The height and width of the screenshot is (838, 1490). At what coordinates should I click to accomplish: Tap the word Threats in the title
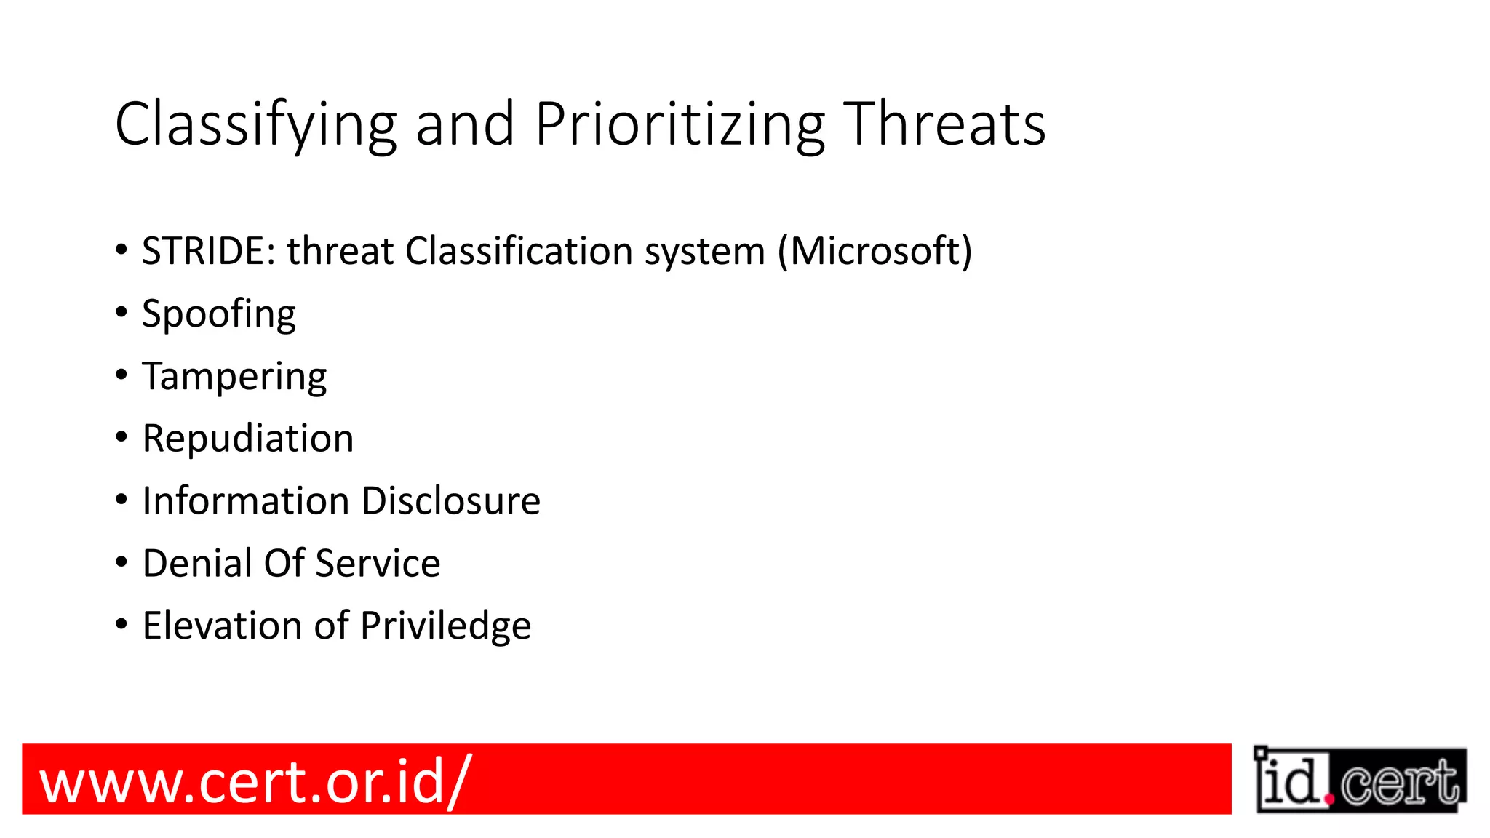(944, 124)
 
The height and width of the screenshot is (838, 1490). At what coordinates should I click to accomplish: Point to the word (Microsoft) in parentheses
(875, 251)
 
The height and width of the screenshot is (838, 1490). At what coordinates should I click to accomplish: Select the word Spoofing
(218, 314)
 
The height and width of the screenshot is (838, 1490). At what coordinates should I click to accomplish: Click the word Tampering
(234, 377)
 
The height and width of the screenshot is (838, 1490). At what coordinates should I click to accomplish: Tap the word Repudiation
(247, 439)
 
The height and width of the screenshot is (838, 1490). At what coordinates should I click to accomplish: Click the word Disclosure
(451, 501)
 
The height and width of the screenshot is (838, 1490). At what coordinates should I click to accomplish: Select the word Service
(378, 564)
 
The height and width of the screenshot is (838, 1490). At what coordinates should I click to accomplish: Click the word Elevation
(222, 626)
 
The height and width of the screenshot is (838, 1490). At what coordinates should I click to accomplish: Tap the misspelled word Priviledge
(445, 626)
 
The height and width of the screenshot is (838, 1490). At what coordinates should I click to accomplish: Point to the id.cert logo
(1360, 780)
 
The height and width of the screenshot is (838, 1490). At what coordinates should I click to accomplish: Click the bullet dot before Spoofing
(121, 313)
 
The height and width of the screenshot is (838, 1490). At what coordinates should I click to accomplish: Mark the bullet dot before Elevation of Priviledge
(121, 624)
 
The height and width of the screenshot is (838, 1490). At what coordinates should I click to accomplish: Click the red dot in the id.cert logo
(1330, 799)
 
